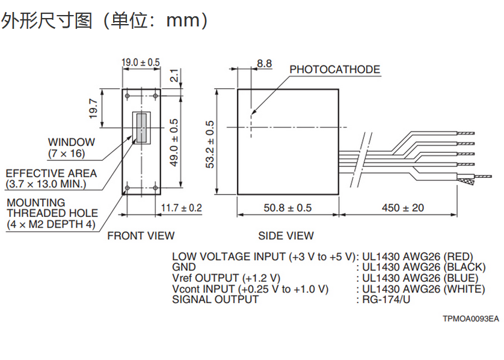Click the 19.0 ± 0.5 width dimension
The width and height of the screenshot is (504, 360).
pos(141,62)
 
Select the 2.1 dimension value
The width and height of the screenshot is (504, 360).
pos(174,76)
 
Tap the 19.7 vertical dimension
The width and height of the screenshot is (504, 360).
pos(94,108)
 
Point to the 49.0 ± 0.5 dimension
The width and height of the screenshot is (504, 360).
pos(174,142)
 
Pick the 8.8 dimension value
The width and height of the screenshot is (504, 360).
pos(264,63)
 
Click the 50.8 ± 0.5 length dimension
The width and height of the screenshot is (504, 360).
pos(288,208)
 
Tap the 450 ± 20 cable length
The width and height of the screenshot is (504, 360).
pos(402,208)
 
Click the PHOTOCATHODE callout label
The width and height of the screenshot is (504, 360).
pos(335,70)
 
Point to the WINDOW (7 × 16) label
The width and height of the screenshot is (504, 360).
pos(72,148)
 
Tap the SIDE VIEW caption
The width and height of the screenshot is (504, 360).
pos(286,236)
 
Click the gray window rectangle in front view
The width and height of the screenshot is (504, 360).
pos(142,128)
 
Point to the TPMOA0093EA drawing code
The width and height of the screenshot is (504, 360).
pos(471,318)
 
